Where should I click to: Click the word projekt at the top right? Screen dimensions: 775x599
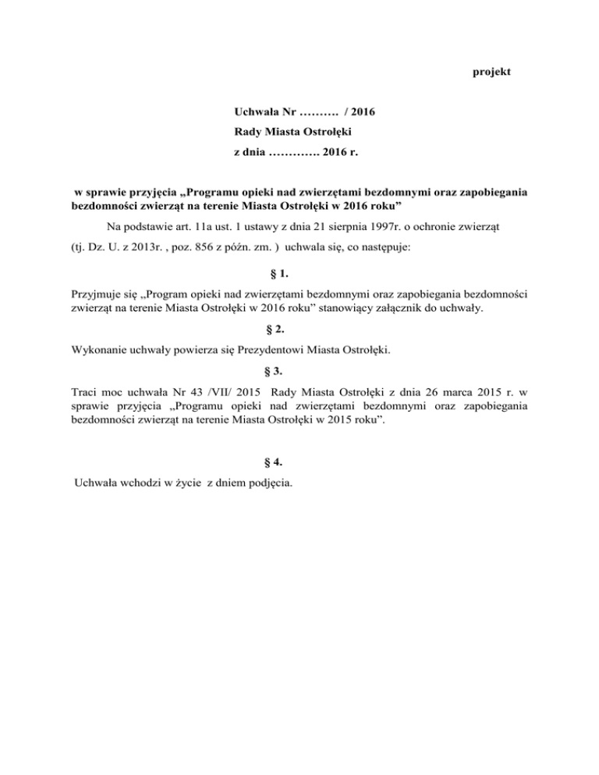pos(492,73)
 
